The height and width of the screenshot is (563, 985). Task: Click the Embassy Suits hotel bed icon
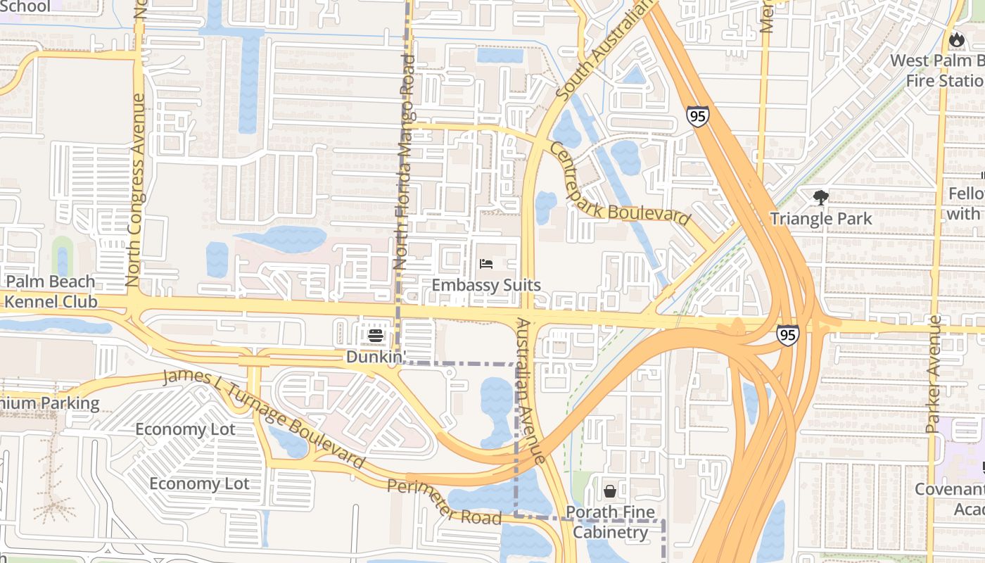pyautogui.click(x=486, y=265)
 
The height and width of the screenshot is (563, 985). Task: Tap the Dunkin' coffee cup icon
pyautogui.click(x=376, y=336)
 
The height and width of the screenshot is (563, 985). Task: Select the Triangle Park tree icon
pyautogui.click(x=820, y=198)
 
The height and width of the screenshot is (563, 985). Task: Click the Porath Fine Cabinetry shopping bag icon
pyautogui.click(x=610, y=491)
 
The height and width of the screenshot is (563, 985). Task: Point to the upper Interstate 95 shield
pyautogui.click(x=697, y=116)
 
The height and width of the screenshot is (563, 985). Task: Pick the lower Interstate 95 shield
pyautogui.click(x=788, y=335)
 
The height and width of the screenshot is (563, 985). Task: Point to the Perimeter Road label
pyautogui.click(x=444, y=502)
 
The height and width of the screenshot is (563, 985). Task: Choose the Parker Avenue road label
pyautogui.click(x=934, y=374)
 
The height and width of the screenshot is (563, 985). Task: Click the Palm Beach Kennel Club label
pyautogui.click(x=49, y=291)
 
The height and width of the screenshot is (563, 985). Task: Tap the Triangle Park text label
pyautogui.click(x=820, y=219)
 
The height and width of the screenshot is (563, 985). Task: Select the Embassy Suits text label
pyautogui.click(x=486, y=285)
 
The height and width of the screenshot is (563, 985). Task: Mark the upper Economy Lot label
pyautogui.click(x=185, y=429)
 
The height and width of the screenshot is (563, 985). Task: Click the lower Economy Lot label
pyautogui.click(x=199, y=484)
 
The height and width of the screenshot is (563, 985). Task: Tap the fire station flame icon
pyautogui.click(x=956, y=40)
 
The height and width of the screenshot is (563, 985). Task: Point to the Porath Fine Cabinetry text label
pyautogui.click(x=610, y=521)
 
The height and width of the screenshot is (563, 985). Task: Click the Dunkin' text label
pyautogui.click(x=376, y=357)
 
